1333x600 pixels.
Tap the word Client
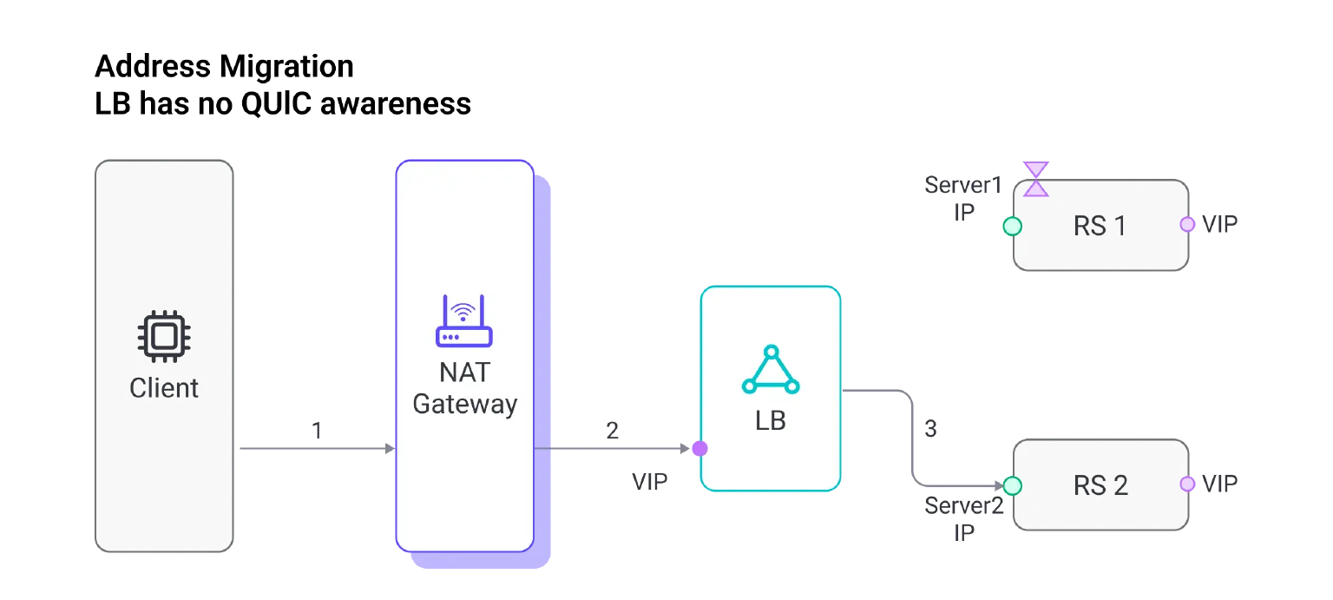coord(164,387)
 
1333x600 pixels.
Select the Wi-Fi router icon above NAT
coord(463,321)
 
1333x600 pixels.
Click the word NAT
coord(464,373)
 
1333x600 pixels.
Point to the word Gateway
coord(464,404)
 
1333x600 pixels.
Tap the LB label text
coord(771,421)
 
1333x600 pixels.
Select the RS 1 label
coord(1100,226)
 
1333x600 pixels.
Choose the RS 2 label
coord(1100,485)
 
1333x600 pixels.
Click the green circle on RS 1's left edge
coord(1012,227)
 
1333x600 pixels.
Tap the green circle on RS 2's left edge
coord(1012,485)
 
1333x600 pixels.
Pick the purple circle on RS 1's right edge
coord(1187,225)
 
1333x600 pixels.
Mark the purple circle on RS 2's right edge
coord(1187,484)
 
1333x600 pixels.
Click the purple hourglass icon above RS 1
coord(1035,179)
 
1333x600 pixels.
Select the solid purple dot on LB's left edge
coord(699,449)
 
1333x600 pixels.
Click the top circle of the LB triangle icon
coord(771,352)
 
